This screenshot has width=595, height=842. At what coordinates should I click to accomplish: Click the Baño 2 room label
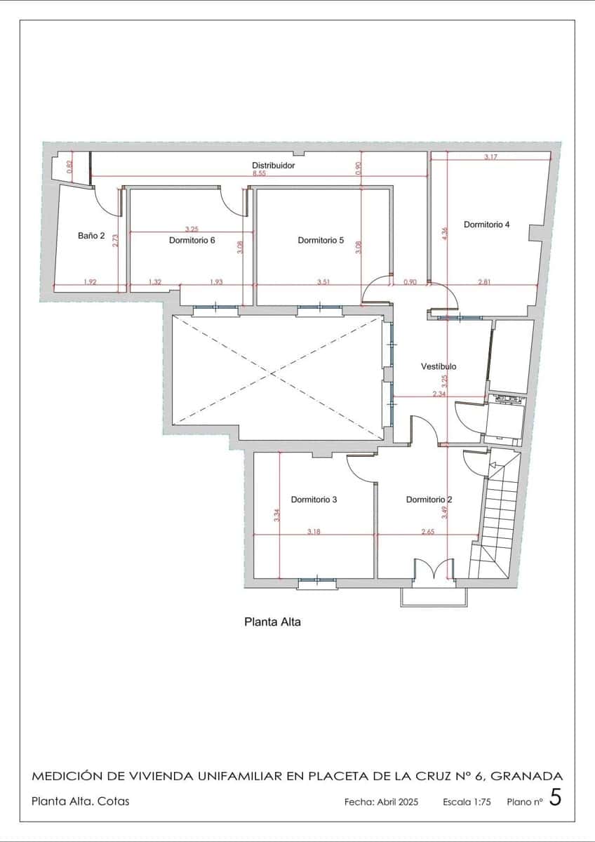91,236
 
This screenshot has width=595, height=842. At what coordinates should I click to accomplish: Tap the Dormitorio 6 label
192,240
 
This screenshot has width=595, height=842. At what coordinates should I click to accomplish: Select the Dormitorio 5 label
321,240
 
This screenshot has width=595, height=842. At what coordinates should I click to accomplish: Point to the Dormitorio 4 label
487,225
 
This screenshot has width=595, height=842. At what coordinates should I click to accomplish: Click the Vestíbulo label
439,366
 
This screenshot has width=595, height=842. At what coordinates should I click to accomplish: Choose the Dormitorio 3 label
314,500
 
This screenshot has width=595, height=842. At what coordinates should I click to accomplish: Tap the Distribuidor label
273,166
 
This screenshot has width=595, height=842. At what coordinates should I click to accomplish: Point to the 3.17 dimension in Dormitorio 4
490,157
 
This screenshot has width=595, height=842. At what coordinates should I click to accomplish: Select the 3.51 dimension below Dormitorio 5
323,282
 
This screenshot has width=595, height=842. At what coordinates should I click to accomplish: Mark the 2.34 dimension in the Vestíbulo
439,394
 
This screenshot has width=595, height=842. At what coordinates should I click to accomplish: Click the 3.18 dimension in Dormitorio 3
314,532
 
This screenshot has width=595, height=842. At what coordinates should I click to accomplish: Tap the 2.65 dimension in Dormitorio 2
428,532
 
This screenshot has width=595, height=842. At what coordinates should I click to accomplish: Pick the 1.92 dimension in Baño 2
90,282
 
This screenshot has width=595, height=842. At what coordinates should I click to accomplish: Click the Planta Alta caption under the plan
272,622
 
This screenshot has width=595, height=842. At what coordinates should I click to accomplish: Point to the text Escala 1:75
468,801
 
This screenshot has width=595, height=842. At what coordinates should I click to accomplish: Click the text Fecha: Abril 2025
381,801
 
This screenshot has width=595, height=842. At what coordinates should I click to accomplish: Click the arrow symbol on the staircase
493,465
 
